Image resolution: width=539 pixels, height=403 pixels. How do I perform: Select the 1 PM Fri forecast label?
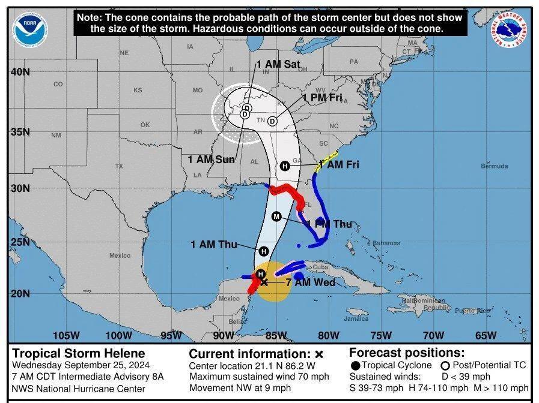click(x=322, y=97)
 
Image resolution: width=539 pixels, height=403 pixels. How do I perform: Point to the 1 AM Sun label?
click(x=211, y=159)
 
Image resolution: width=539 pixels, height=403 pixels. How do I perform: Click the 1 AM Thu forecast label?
click(x=213, y=244)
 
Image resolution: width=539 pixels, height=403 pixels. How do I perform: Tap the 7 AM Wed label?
click(x=311, y=282)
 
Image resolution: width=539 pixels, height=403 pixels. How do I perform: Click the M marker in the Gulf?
click(x=276, y=216)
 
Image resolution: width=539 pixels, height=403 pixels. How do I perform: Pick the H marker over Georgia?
click(x=285, y=166)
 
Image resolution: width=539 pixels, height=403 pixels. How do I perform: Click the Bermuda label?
click(x=494, y=166)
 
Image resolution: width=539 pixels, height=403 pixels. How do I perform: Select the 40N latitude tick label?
click(x=20, y=72)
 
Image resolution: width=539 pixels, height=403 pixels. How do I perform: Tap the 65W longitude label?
click(x=486, y=335)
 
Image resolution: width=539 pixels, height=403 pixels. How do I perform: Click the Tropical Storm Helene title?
click(x=79, y=353)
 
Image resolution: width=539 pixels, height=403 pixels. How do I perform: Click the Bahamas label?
click(x=385, y=243)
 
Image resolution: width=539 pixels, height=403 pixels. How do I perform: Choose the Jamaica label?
click(x=356, y=318)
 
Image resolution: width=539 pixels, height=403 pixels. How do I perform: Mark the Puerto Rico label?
click(x=472, y=311)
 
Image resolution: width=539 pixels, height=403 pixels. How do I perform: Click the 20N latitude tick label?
click(x=20, y=293)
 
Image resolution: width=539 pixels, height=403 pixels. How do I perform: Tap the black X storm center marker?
click(x=264, y=282)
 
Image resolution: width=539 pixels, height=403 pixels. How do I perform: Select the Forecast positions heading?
click(x=407, y=353)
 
